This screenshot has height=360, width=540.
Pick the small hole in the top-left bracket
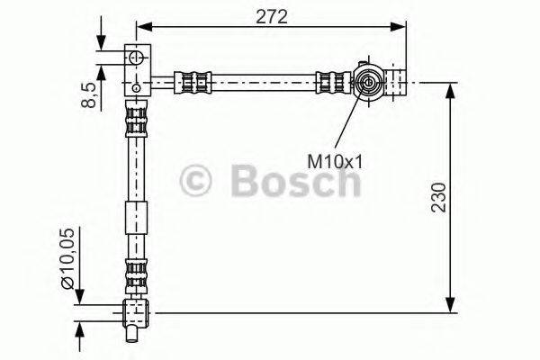pyautogui.click(x=135, y=87)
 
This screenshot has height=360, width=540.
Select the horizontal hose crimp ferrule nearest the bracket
pyautogui.click(x=197, y=83)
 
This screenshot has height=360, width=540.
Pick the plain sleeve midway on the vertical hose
pyautogui.click(x=135, y=219)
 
